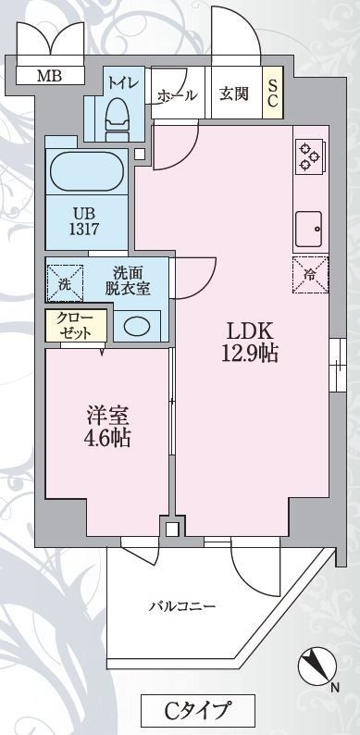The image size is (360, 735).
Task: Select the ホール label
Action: coord(176,93)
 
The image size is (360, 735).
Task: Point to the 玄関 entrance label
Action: coord(233,93)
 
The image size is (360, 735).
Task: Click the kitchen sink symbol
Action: coord(308,225)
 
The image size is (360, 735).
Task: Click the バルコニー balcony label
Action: coord(183,607)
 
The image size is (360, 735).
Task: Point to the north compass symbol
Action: coord(317,666)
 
